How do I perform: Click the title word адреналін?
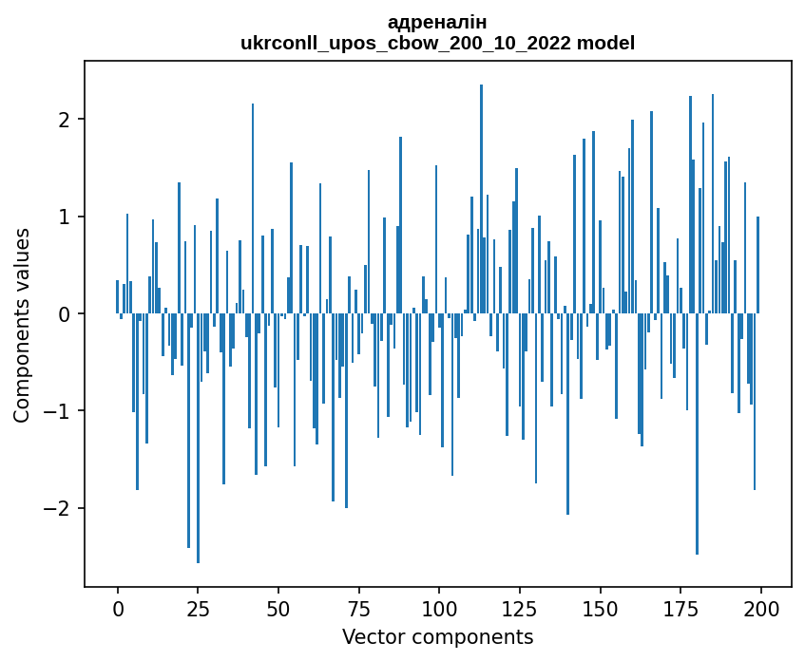click(437, 23)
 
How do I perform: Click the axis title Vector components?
click(437, 636)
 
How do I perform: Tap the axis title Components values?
click(22, 325)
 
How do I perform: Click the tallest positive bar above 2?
click(482, 198)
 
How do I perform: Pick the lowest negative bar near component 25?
click(198, 438)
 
